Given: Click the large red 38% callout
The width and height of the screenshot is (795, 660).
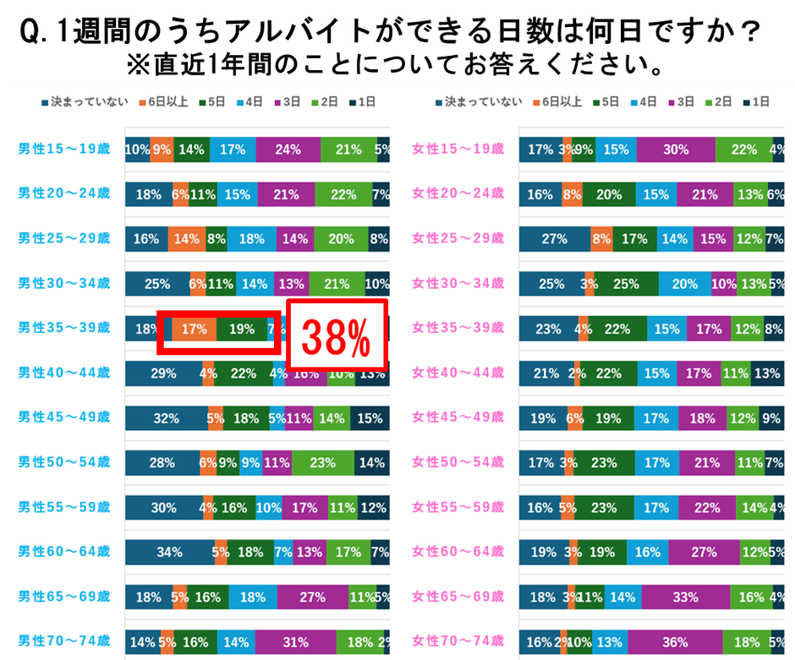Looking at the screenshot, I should click(337, 335).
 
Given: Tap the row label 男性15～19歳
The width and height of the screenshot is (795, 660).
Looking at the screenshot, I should click(64, 150).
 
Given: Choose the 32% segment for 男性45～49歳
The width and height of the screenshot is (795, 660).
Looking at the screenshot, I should click(166, 418).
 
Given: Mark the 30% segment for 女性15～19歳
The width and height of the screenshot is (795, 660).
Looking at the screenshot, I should click(676, 150).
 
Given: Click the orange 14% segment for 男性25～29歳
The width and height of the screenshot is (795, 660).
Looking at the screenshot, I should click(186, 239).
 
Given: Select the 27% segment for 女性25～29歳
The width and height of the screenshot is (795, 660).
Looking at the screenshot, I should click(554, 239).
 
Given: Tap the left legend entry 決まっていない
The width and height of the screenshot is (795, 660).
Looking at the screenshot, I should click(84, 102).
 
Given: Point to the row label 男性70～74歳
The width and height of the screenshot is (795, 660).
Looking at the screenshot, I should click(64, 641).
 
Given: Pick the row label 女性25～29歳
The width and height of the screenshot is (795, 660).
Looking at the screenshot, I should click(458, 239).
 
